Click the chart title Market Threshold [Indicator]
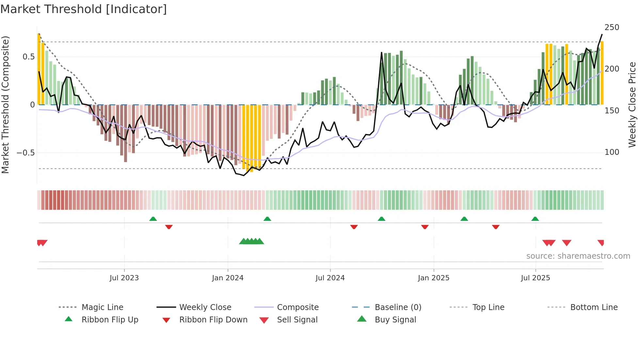84,9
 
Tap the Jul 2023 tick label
124,278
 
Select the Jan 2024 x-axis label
228,278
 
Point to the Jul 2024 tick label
330,278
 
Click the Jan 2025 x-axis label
433,278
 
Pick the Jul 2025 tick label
535,278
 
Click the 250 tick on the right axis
612,27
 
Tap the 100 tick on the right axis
612,152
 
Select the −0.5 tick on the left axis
26,153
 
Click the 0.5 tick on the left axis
28,57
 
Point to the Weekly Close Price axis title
632,105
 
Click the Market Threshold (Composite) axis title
5,105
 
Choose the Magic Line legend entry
102,307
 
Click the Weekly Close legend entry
205,307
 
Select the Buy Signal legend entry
395,320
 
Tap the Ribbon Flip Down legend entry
213,320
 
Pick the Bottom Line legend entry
594,307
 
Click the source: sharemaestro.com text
578,256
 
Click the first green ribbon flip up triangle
153,219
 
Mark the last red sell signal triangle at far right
601,243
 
